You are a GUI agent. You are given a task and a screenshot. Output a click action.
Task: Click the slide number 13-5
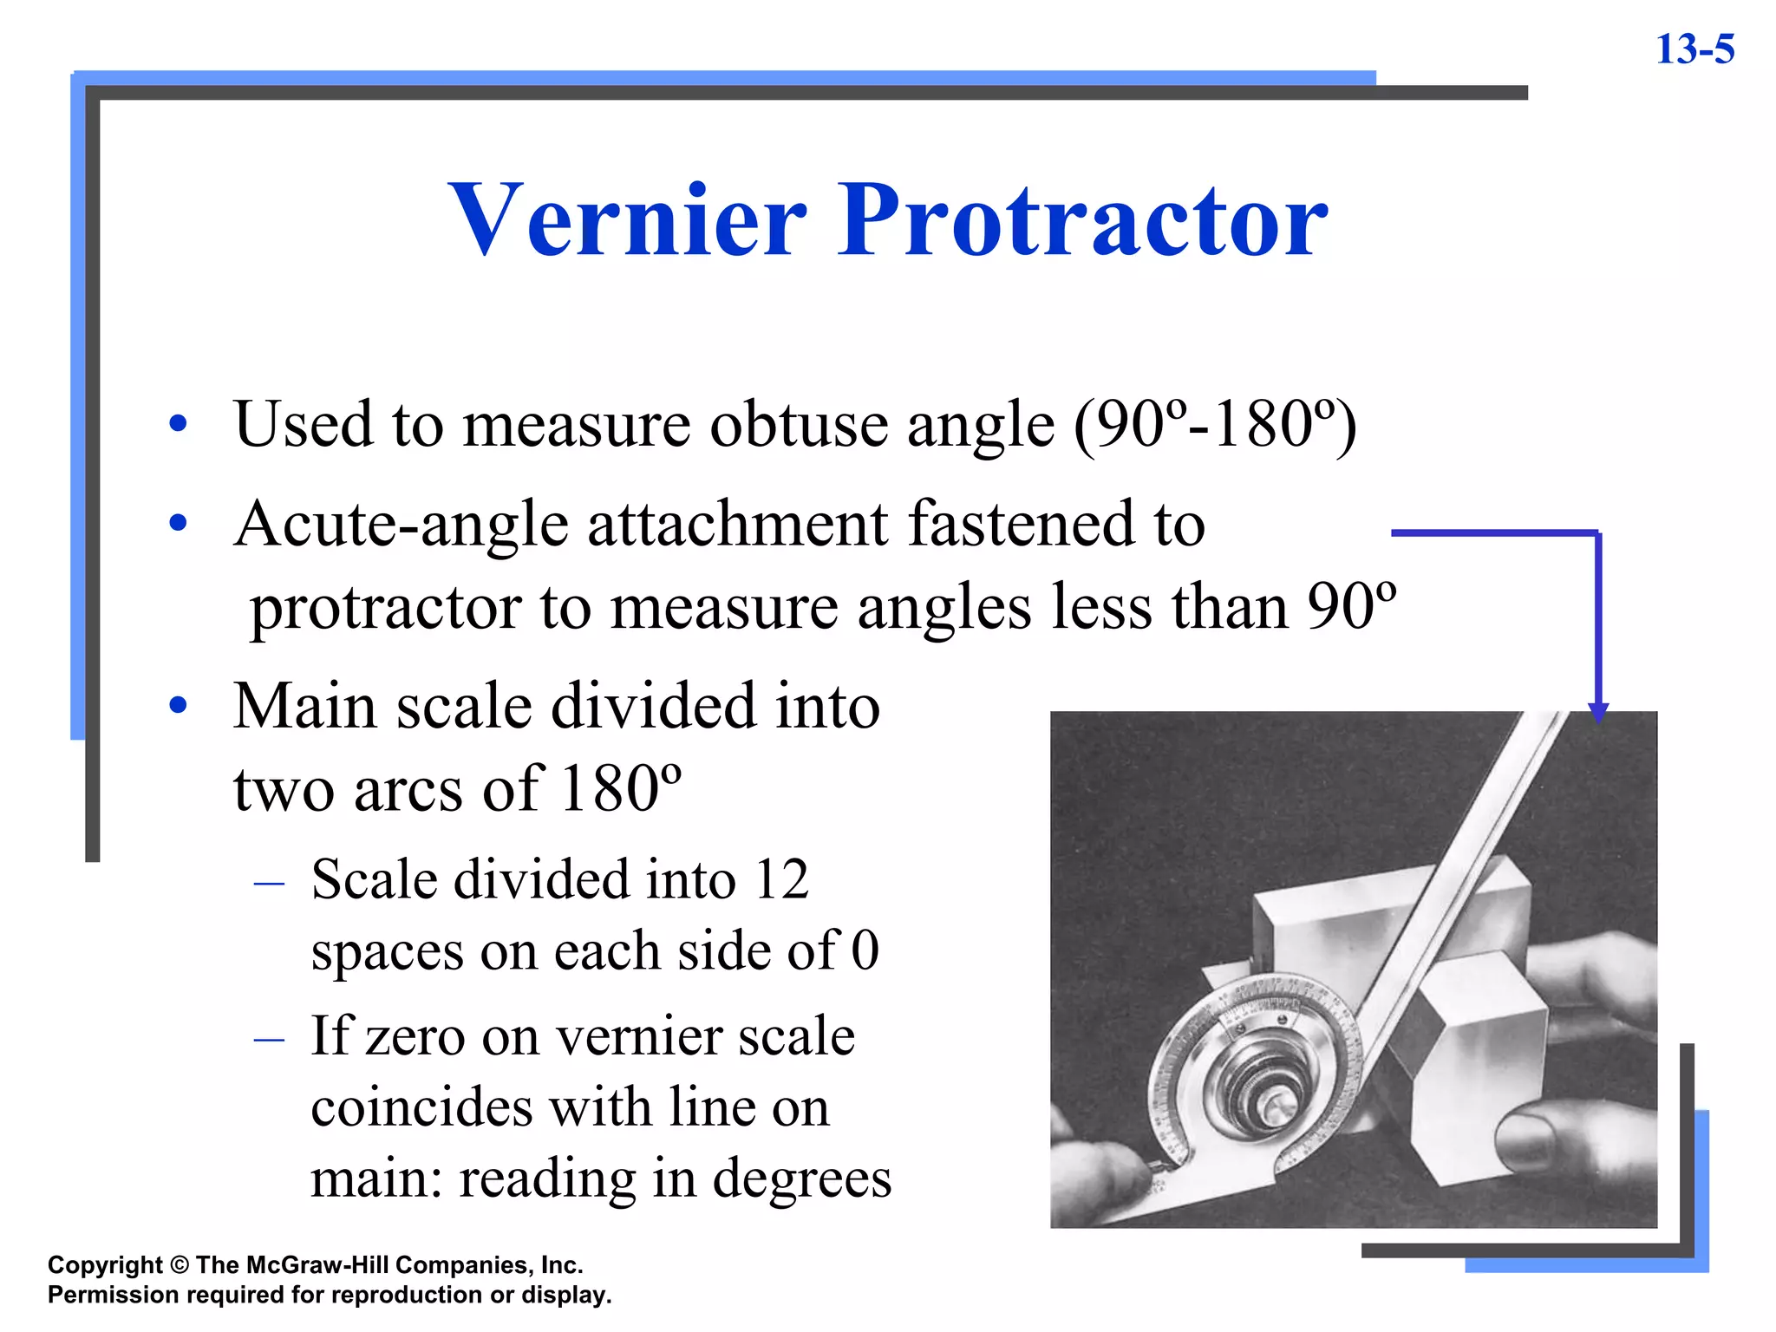[x=1694, y=49]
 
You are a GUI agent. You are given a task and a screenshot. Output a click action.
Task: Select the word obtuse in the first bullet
[x=799, y=425]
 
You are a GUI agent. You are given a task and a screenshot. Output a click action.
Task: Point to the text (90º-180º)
[x=1215, y=425]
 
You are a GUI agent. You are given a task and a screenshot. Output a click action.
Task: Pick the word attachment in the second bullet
[x=738, y=525]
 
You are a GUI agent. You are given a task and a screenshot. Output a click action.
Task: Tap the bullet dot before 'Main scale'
[x=179, y=705]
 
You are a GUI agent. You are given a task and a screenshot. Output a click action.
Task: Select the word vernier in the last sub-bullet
[x=640, y=1036]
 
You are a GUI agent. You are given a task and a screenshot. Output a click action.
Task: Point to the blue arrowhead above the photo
[x=1598, y=712]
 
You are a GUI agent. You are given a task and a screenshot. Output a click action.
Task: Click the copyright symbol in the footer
[x=180, y=1265]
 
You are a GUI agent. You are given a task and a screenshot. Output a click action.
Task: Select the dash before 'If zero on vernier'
[x=270, y=1038]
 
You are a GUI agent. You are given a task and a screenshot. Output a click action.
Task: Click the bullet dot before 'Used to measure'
[x=179, y=424]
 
